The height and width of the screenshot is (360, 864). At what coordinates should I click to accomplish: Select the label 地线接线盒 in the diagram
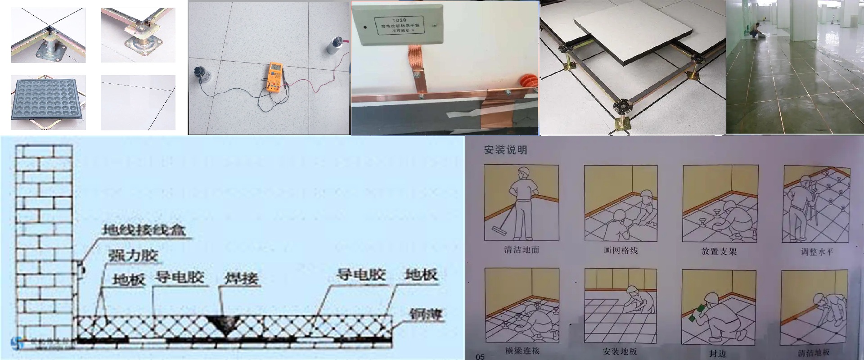[x=144, y=230]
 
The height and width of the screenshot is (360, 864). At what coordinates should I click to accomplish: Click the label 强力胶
[x=133, y=256]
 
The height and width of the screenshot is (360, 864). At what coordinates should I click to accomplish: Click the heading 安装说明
[x=505, y=150]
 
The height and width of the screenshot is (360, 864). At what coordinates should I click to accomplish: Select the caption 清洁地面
[x=521, y=250]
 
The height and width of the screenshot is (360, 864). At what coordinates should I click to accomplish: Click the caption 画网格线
[x=621, y=251]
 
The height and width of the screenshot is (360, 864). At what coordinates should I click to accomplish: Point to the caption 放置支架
[x=719, y=252]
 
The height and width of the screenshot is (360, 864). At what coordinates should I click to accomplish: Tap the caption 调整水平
[x=817, y=252]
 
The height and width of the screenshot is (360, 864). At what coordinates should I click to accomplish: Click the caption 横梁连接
[x=522, y=351]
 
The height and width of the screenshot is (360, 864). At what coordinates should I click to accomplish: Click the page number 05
[x=480, y=356]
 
